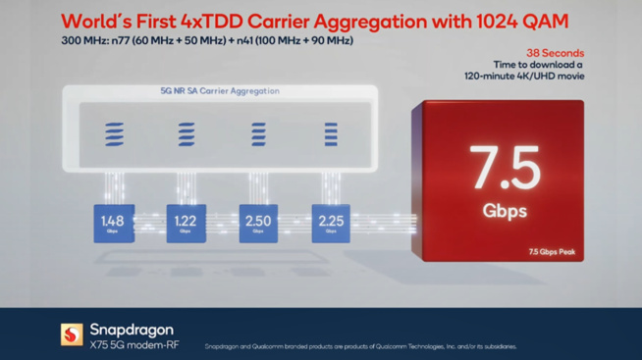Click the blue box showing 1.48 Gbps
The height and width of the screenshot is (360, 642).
[113, 224]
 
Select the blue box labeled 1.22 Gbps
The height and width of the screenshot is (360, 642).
[186, 224]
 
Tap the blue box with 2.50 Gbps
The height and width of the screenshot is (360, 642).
[258, 224]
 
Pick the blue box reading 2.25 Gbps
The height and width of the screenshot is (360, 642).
[331, 224]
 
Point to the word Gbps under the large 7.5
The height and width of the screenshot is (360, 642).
[505, 211]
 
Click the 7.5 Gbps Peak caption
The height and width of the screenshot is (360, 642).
[551, 252]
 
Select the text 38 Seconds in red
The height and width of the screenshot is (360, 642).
[555, 53]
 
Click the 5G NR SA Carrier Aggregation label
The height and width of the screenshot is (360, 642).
[220, 91]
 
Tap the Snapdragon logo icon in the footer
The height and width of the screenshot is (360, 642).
[72, 334]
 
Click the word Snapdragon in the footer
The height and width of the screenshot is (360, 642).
[132, 329]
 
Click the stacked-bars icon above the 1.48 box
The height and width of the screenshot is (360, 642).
[114, 134]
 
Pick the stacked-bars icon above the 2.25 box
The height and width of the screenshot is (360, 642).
[331, 134]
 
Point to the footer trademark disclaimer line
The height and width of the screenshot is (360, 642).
[359, 346]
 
